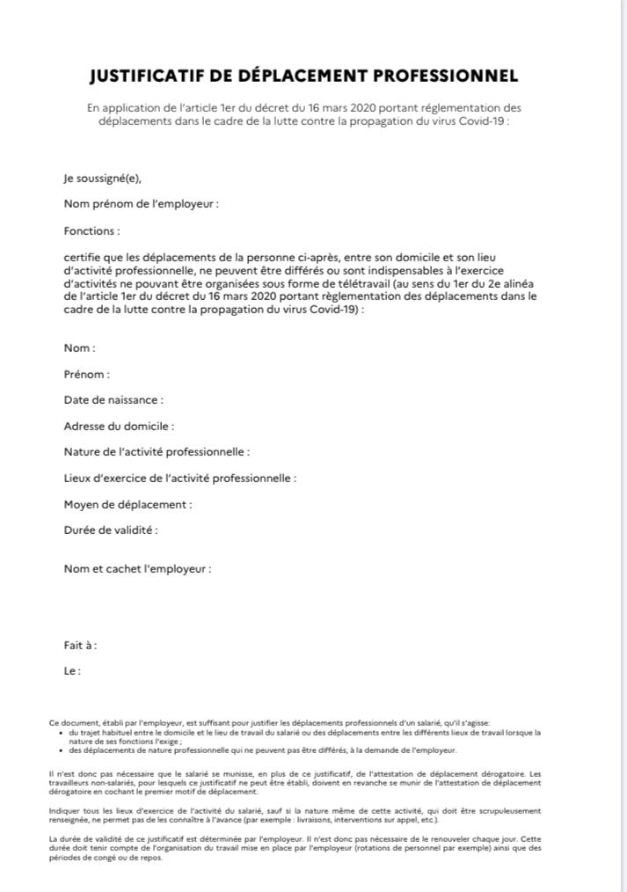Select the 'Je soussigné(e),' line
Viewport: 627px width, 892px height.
click(x=102, y=178)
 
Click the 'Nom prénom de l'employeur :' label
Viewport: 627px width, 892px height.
click(x=141, y=204)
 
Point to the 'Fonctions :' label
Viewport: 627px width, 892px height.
click(x=91, y=230)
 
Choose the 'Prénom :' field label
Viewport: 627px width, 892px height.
click(x=87, y=374)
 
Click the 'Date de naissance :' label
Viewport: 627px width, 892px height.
click(x=113, y=400)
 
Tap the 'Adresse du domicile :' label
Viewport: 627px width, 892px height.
click(x=119, y=427)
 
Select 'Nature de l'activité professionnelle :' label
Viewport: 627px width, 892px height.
click(x=157, y=452)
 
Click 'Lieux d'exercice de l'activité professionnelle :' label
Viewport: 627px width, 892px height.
click(x=179, y=479)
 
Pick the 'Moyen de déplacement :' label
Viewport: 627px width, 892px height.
click(x=128, y=505)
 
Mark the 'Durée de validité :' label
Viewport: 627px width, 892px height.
click(x=111, y=530)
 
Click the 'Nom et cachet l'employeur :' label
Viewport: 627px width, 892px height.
click(x=137, y=569)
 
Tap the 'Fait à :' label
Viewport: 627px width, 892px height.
click(x=80, y=645)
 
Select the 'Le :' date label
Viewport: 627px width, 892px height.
click(x=72, y=671)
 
